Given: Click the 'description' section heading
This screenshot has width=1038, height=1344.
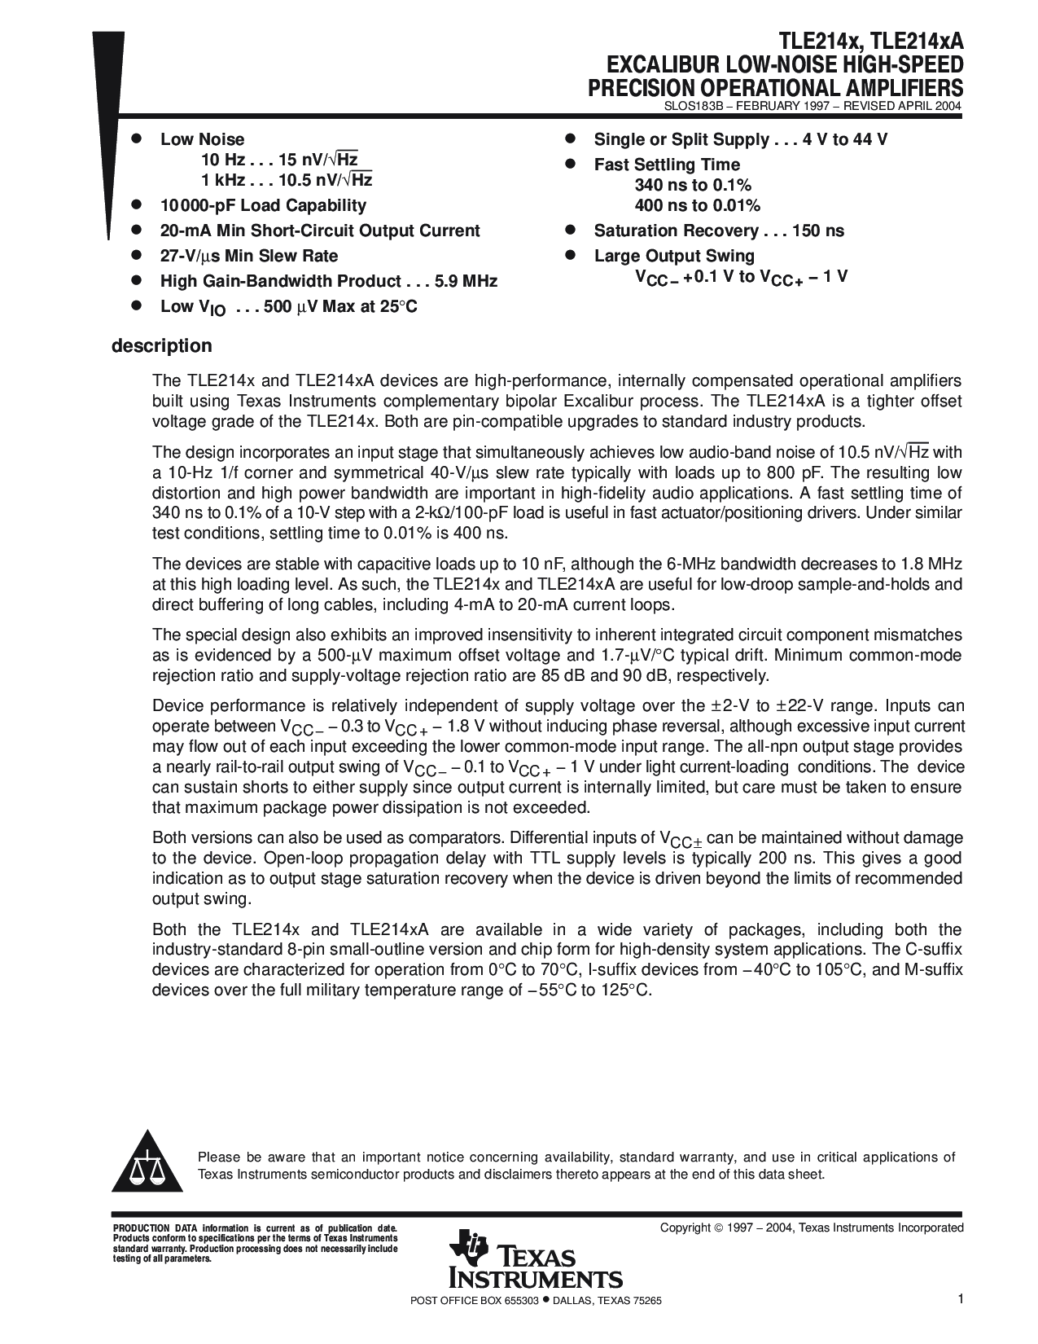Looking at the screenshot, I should click(x=161, y=346).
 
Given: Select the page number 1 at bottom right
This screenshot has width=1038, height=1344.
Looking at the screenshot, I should click(x=961, y=1300).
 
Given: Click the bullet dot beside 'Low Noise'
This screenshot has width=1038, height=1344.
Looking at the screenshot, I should click(x=138, y=139).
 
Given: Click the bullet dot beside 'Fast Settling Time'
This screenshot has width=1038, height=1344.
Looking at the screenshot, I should click(x=572, y=165).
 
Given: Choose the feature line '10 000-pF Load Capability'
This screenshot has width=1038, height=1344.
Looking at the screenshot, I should click(x=263, y=206).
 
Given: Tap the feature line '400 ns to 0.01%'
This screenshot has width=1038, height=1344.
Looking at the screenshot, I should click(x=698, y=206).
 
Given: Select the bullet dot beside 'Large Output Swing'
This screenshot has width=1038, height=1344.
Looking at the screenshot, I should click(x=572, y=256).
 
